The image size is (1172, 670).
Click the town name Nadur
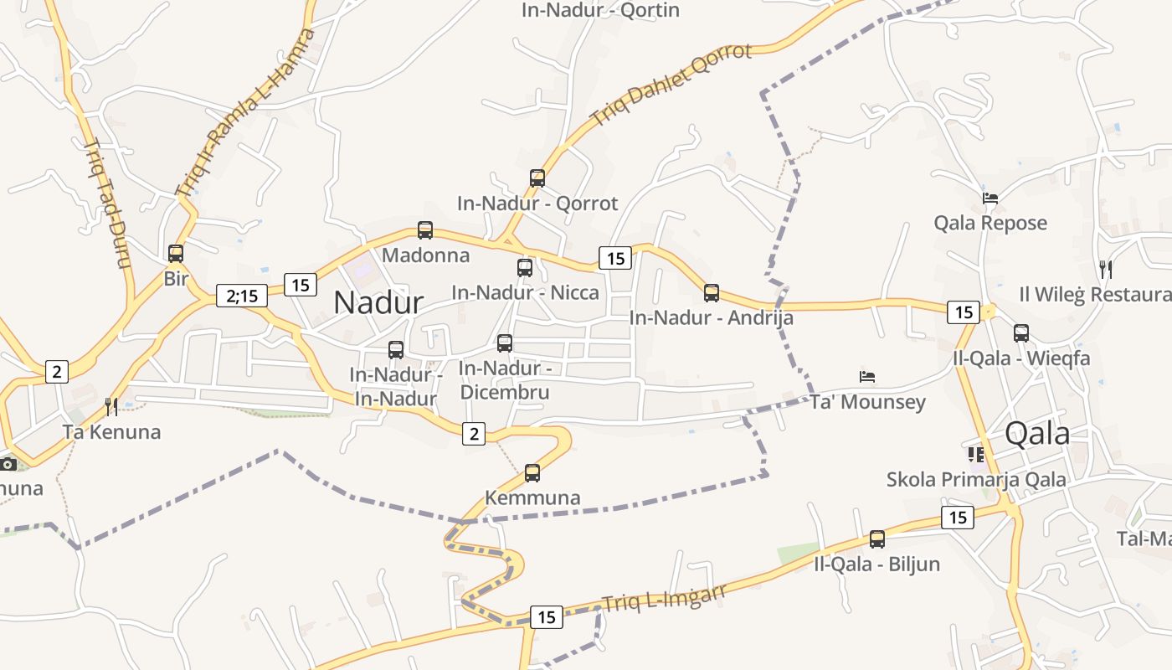tap(378, 302)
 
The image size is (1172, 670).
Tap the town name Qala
tap(1037, 433)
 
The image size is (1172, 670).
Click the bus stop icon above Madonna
tap(425, 230)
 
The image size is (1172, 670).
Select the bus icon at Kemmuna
tap(532, 473)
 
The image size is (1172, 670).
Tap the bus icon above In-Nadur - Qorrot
tap(537, 178)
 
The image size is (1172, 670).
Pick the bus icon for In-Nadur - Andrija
tap(712, 293)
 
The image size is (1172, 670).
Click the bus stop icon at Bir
tap(176, 254)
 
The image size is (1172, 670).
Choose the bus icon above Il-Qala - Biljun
tap(877, 539)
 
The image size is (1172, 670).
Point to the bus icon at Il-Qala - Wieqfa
tap(1021, 333)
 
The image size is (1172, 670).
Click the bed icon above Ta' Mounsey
tap(867, 377)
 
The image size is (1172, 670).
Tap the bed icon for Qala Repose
tap(990, 198)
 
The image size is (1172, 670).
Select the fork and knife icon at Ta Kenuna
tap(111, 407)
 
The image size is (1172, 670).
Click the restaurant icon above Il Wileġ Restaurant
tap(1106, 270)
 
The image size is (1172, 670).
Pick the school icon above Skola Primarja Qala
tap(976, 455)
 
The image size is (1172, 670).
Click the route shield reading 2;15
tap(242, 295)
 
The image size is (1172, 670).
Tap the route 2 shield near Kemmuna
tap(474, 433)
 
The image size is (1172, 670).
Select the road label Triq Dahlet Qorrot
tap(672, 84)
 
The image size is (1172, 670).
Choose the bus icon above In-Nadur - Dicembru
tap(505, 343)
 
